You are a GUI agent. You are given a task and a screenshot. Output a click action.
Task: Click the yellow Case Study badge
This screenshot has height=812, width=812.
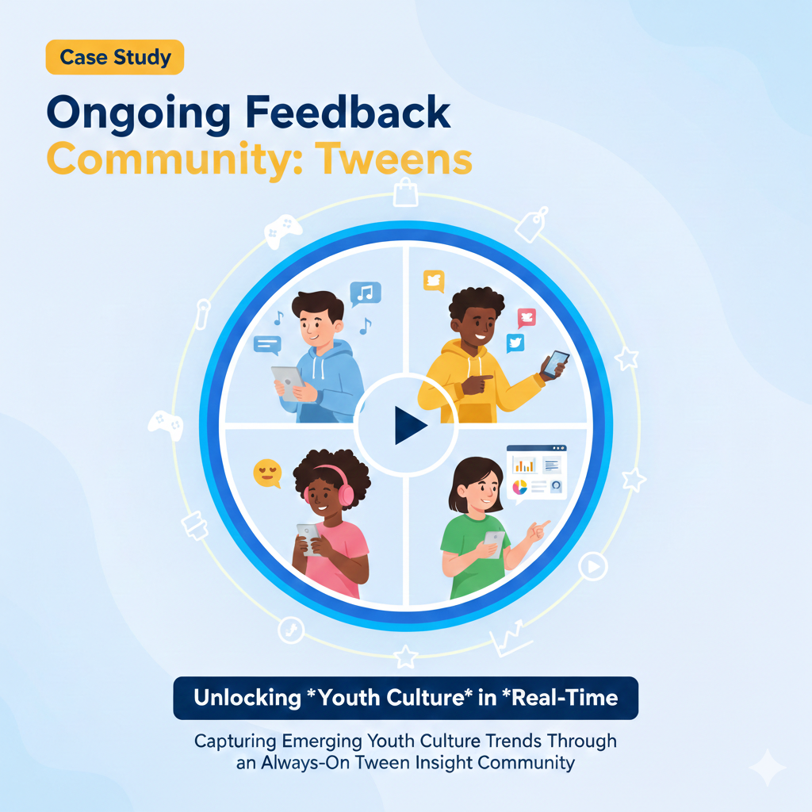pos(114,58)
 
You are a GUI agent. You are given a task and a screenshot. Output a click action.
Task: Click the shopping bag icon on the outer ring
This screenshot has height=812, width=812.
pos(405,191)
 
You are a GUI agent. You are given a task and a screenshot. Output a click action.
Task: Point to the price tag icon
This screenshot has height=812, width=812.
pos(532,224)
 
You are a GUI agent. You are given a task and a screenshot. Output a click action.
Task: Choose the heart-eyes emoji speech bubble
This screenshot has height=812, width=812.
pos(266,473)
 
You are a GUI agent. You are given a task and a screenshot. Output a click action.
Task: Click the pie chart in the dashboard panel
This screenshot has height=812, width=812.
pos(520,487)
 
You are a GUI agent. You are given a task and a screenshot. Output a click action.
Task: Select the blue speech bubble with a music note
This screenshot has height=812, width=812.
pos(365,293)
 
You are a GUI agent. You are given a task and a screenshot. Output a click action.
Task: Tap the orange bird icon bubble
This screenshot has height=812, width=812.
pos(433,281)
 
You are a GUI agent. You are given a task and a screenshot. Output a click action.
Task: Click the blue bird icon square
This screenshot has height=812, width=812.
pos(515,343)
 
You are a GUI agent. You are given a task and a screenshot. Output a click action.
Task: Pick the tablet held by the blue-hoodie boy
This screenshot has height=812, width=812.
pos(287,379)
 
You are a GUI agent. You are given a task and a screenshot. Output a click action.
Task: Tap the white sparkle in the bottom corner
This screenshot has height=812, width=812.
pos(767,768)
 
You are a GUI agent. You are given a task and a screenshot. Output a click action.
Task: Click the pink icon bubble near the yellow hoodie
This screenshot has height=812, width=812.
pos(527,318)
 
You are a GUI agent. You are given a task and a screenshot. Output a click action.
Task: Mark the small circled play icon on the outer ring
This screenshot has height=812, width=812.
pos(592,566)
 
